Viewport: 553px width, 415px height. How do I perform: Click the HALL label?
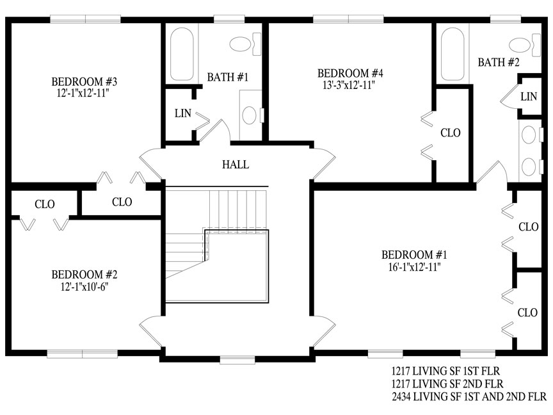(x=236, y=165)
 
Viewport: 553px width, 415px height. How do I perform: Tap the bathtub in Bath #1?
(x=182, y=54)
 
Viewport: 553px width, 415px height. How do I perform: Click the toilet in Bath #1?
(x=245, y=44)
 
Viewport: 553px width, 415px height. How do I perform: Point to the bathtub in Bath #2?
(x=453, y=54)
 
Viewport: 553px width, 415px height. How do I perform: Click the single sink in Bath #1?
(x=250, y=115)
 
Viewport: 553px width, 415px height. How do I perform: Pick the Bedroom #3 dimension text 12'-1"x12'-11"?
(x=83, y=94)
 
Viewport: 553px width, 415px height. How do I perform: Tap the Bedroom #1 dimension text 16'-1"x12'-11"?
(x=414, y=267)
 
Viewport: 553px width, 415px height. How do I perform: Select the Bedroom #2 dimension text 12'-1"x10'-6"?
(x=84, y=287)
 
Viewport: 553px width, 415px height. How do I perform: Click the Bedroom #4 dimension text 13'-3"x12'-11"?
(x=349, y=85)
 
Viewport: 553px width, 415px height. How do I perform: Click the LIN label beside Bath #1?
(x=182, y=113)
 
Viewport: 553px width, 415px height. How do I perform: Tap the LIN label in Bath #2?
(x=529, y=97)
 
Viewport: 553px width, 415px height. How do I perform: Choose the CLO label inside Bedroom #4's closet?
(x=451, y=133)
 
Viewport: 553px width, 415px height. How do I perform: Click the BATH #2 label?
(x=499, y=63)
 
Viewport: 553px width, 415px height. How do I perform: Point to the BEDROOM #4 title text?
(x=350, y=74)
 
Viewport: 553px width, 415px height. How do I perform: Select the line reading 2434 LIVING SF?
(x=469, y=396)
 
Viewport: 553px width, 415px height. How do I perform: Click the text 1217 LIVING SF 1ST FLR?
(x=445, y=371)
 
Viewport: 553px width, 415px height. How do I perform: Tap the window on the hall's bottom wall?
(x=237, y=359)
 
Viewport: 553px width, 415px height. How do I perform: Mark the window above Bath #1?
(x=229, y=19)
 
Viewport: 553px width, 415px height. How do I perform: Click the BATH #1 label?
(x=227, y=77)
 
